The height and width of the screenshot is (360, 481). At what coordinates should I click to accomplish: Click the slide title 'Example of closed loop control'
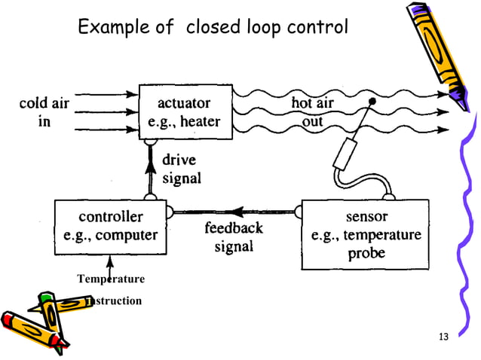coord(213,29)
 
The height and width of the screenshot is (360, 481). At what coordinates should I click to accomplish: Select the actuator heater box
coord(185,112)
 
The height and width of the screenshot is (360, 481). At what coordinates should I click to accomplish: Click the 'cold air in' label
coord(44,112)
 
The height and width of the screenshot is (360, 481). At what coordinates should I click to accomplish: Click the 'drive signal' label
coord(182,169)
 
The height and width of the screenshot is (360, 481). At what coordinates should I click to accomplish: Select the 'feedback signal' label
coord(234,236)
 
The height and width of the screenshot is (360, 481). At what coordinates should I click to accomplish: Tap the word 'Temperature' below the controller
coord(110,279)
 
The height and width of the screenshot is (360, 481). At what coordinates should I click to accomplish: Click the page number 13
coord(443,336)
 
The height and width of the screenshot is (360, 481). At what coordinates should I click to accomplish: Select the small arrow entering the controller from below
coord(110,263)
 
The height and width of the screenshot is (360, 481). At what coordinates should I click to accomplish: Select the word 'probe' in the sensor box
coord(366,253)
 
